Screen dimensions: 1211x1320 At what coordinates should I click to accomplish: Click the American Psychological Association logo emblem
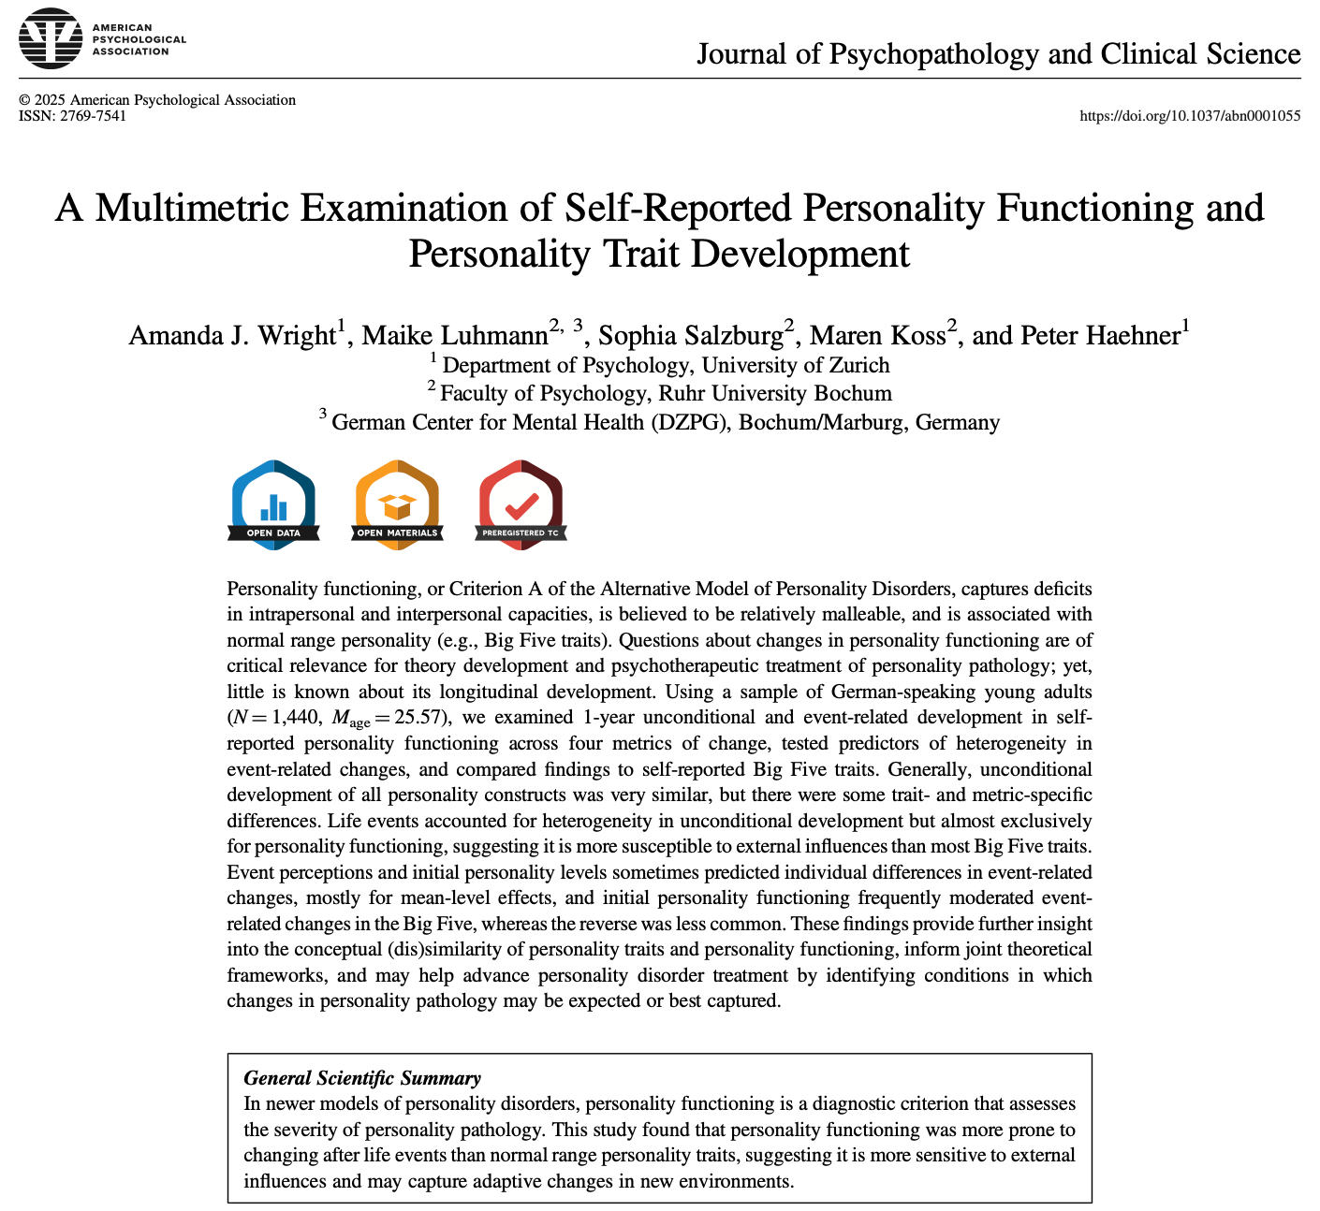click(51, 39)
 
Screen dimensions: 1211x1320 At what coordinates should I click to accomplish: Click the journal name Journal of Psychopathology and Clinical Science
click(998, 53)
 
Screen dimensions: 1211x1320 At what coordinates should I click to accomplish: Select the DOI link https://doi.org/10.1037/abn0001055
click(1190, 116)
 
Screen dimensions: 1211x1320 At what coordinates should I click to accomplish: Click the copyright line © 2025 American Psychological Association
click(157, 100)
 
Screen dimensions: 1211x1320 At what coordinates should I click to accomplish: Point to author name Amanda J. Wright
click(231, 335)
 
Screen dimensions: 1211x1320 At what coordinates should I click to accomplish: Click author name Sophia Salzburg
click(690, 335)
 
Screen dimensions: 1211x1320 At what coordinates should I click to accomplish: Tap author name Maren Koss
click(877, 335)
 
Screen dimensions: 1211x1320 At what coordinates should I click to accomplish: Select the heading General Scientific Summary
click(361, 1078)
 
